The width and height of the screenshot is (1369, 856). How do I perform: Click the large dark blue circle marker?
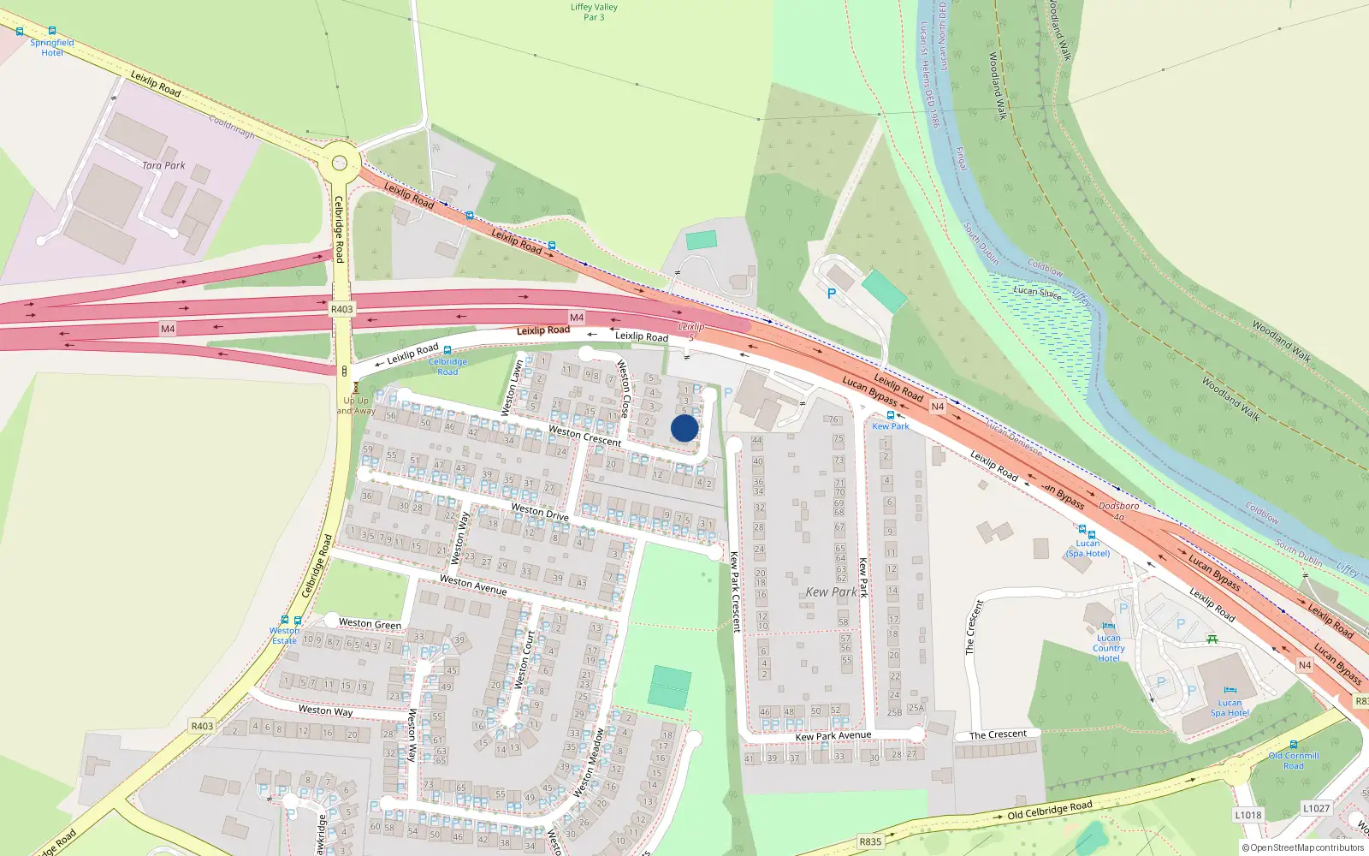pyautogui.click(x=684, y=428)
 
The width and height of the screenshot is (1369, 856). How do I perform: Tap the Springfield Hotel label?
pyautogui.click(x=52, y=47)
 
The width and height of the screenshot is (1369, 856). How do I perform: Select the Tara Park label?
pyautogui.click(x=163, y=165)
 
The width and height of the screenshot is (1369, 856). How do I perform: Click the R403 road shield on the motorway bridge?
pyautogui.click(x=341, y=309)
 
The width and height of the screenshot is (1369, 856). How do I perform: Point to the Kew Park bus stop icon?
pyautogui.click(x=891, y=415)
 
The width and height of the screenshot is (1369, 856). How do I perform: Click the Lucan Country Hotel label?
pyautogui.click(x=1109, y=648)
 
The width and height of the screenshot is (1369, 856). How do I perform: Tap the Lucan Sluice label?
pyautogui.click(x=1037, y=292)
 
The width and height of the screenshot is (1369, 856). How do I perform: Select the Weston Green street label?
pyautogui.click(x=370, y=623)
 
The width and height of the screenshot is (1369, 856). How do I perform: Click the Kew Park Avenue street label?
pyautogui.click(x=833, y=735)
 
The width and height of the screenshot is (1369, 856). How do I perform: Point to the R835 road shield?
pyautogui.click(x=870, y=841)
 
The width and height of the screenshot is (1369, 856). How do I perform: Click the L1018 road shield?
pyautogui.click(x=1248, y=815)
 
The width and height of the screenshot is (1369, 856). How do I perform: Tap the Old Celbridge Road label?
pyautogui.click(x=1049, y=810)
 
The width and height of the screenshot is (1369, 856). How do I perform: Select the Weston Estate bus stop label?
pyautogui.click(x=284, y=635)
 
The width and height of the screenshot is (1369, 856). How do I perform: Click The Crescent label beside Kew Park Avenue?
pyautogui.click(x=998, y=734)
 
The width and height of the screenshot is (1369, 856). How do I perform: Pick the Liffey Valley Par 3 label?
pyautogui.click(x=594, y=12)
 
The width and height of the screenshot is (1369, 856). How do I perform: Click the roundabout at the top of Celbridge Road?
pyautogui.click(x=340, y=161)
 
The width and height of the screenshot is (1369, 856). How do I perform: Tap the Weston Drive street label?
pyautogui.click(x=540, y=512)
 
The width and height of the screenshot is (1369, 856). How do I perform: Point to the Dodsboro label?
pyautogui.click(x=1119, y=506)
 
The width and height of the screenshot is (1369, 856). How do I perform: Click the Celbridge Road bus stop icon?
pyautogui.click(x=447, y=350)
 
